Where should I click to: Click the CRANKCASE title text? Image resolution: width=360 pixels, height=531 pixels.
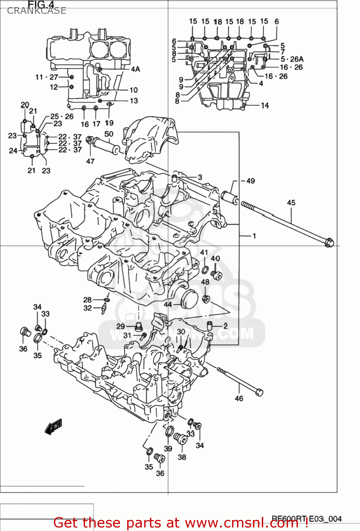(36, 11)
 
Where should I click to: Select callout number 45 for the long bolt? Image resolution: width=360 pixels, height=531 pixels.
(291, 202)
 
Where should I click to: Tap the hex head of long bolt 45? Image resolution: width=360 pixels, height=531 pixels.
(329, 243)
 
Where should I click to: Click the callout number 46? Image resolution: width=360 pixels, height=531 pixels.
(239, 399)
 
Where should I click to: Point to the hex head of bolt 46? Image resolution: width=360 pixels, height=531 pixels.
(259, 392)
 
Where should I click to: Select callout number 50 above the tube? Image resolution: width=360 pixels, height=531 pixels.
(109, 134)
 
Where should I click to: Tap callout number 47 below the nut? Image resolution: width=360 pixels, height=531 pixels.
(90, 161)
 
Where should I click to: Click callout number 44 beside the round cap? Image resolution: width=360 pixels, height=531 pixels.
(168, 304)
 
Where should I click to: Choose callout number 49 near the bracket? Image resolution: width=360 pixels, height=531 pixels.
(251, 181)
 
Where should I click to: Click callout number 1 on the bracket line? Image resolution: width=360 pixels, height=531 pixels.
(254, 235)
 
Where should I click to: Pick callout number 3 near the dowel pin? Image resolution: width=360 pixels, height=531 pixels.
(200, 177)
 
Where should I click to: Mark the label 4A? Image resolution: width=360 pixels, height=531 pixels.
(135, 69)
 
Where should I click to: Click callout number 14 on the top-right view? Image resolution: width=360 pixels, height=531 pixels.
(265, 105)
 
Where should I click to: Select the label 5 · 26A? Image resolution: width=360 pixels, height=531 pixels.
(292, 59)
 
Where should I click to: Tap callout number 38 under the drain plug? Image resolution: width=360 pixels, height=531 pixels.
(182, 457)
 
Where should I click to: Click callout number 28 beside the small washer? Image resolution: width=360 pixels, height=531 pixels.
(88, 300)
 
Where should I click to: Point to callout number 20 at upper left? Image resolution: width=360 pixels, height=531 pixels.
(25, 104)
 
